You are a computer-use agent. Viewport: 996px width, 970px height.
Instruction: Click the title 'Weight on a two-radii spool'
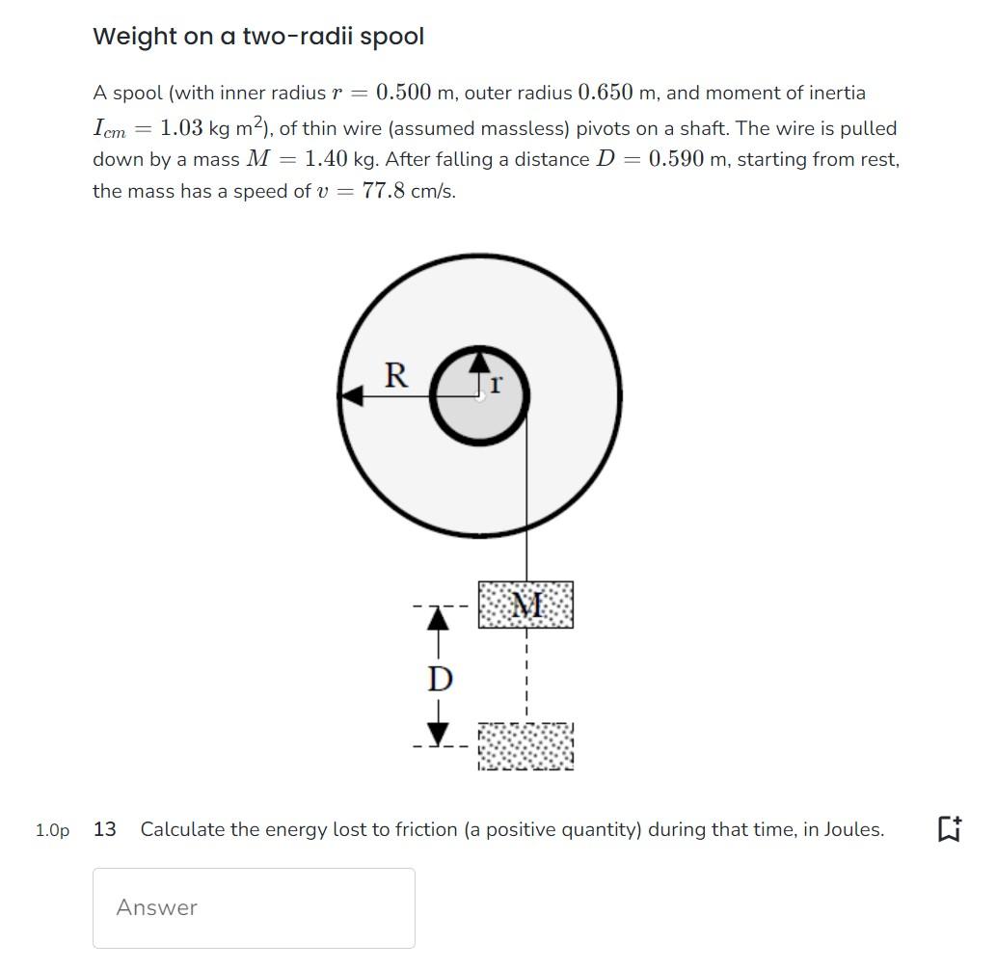257,37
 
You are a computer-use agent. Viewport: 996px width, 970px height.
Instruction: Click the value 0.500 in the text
403,93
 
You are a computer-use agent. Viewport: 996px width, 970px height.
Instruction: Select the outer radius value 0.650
605,93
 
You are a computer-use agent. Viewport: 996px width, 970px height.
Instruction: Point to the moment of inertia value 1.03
181,128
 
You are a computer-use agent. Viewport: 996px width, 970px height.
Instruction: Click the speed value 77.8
384,191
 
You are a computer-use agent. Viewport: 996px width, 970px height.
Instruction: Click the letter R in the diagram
395,374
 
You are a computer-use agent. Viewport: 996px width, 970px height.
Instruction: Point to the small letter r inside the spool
496,385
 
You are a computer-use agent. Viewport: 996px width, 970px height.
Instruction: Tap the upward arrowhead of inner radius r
479,361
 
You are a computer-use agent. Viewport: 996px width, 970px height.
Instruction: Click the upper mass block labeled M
525,606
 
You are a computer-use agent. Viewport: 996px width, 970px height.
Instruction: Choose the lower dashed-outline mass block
525,746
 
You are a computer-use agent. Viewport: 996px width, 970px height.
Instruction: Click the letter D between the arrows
439,679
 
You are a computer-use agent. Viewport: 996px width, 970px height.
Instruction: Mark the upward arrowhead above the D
439,617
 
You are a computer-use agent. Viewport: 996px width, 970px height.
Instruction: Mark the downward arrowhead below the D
439,736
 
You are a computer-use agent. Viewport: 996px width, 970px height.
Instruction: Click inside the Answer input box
254,907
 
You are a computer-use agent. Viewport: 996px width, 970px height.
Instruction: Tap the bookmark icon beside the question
947,829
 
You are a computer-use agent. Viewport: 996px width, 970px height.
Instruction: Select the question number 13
105,829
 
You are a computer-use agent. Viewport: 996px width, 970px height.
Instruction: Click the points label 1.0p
52,830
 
